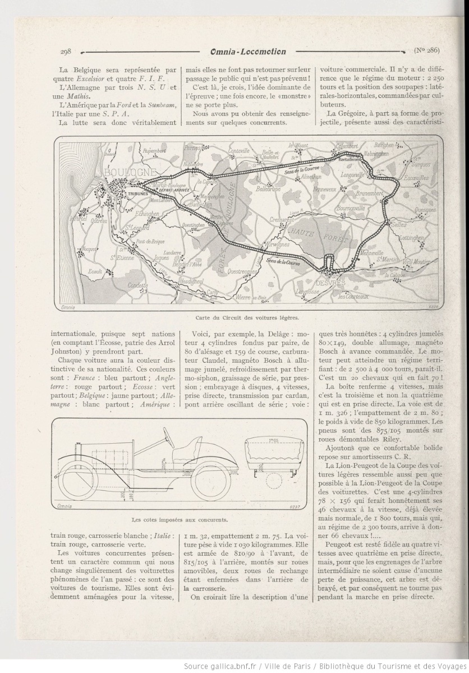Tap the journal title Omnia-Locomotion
tap(247, 52)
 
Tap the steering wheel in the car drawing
tap(168, 433)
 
